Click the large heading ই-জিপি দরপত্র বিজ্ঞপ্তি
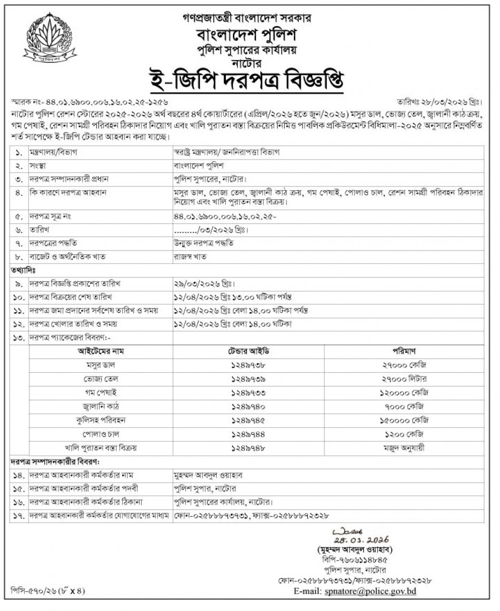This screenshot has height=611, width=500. coord(249,82)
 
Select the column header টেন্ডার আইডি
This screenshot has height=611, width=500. coord(249,351)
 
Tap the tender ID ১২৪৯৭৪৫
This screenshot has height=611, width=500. coord(249,420)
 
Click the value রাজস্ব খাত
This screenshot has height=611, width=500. coord(190,256)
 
